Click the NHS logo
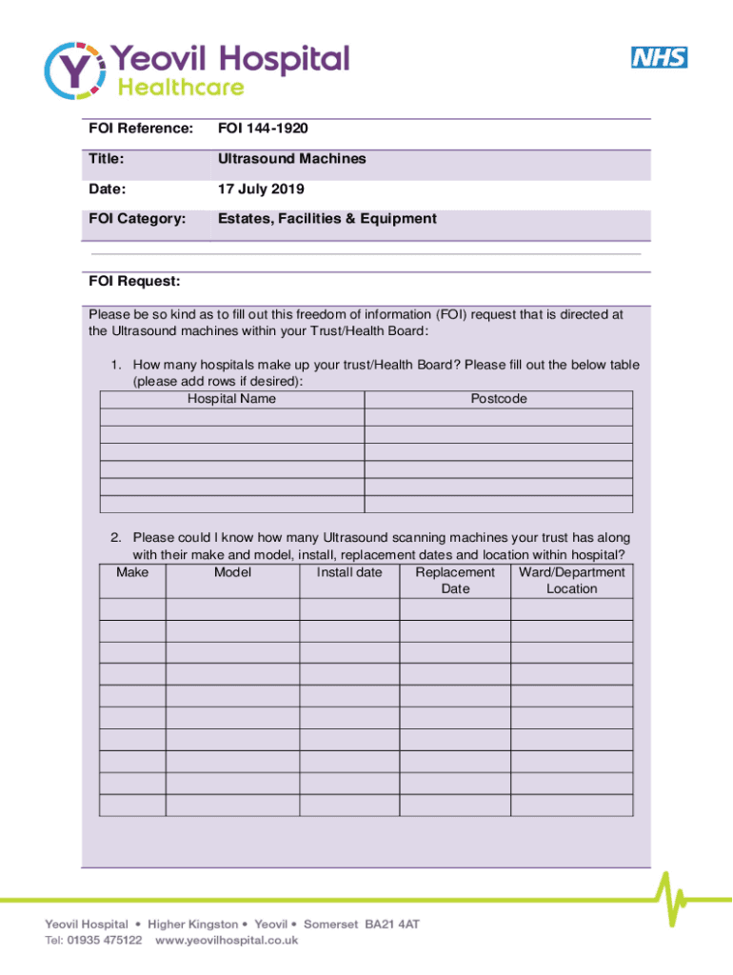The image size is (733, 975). coord(659,57)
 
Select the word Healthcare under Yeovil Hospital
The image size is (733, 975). coord(180,88)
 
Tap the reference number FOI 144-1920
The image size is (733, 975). coord(263,128)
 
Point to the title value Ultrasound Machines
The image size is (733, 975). coord(291,159)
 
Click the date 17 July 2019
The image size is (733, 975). coord(261,189)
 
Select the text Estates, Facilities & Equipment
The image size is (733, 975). coord(327,219)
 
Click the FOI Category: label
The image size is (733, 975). coord(136,219)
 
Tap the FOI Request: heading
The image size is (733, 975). coord(134,282)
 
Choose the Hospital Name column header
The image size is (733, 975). coord(231,399)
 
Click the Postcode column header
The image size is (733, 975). coord(498,399)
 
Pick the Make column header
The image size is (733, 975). coord(132,572)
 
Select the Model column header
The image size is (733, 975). coord(232,572)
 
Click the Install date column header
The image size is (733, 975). coord(349,572)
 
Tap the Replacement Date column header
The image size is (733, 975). coord(455,581)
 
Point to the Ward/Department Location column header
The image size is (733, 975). coord(571,581)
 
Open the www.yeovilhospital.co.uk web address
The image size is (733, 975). coord(227,940)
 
